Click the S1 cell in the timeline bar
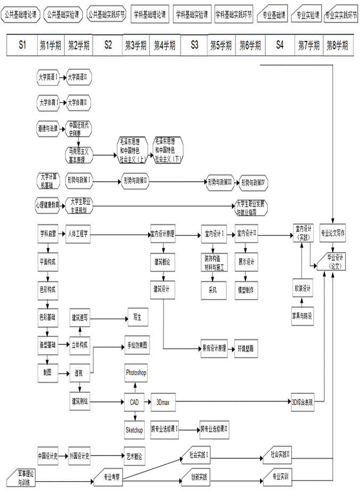coord(22,45)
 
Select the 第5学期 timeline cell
coord(222,45)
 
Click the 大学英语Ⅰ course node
coord(47,77)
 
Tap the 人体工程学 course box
coord(80,233)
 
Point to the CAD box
coord(134,402)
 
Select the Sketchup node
coord(135,429)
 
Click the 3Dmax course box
coord(162,402)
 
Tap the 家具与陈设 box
coord(302,315)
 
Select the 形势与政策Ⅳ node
coord(253,182)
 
